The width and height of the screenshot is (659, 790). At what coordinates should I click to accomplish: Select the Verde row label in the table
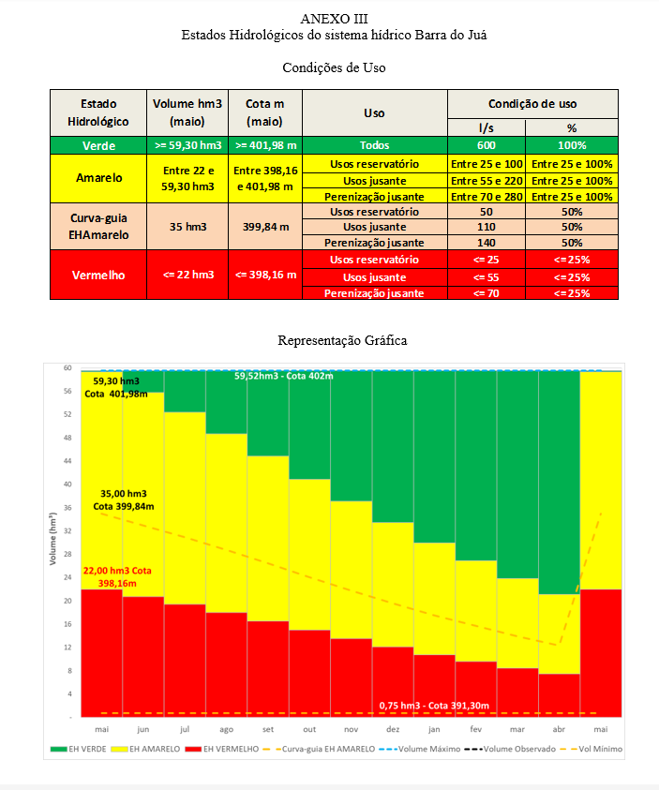[x=98, y=145]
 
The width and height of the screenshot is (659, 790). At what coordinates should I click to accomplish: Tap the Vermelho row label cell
[x=98, y=276]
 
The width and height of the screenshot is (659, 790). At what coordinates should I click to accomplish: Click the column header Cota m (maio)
[x=264, y=112]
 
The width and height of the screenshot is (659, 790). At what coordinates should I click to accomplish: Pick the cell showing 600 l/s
[x=486, y=145]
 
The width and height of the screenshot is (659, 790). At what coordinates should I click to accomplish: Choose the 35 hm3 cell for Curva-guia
[x=188, y=226]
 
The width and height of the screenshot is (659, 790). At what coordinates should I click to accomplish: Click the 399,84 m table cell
[x=264, y=226]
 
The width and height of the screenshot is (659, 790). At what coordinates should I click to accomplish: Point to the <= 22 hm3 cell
[x=188, y=276]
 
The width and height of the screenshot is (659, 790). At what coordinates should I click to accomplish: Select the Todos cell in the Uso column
[x=374, y=145]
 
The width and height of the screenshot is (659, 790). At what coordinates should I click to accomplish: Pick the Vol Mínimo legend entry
[x=597, y=749]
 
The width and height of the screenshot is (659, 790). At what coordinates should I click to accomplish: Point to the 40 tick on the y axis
[x=68, y=484]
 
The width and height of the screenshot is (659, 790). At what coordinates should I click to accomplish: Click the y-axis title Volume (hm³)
[x=52, y=541]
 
